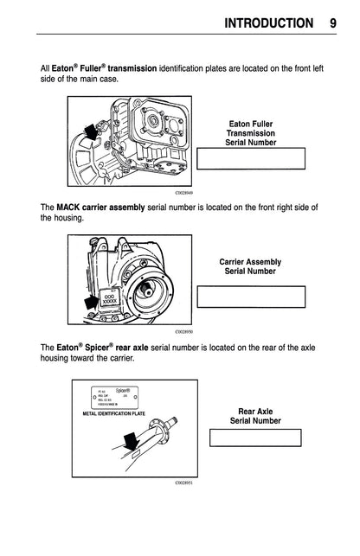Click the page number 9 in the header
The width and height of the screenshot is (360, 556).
coord(333,21)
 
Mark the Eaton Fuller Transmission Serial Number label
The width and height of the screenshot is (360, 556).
coord(251,133)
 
